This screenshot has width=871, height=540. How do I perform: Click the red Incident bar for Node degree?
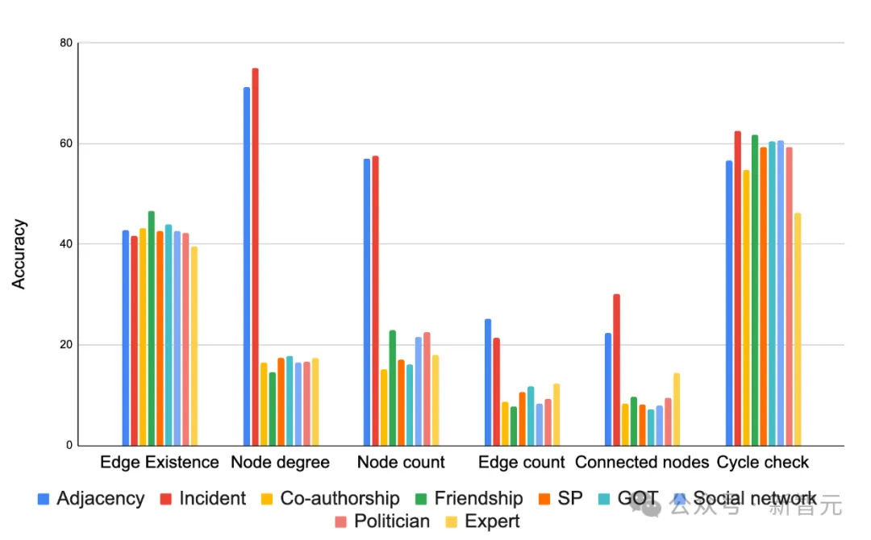pos(255,258)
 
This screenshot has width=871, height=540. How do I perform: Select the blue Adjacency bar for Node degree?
pos(247,266)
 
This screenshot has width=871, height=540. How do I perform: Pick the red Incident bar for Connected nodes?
pos(617,370)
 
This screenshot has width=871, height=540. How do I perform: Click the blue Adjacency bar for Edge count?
pos(488,383)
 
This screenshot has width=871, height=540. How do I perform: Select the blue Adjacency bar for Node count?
pos(367,302)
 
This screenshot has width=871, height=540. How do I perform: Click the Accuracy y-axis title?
pos(19,254)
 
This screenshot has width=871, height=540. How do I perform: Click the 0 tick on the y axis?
pos(69,446)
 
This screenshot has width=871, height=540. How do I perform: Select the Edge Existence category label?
pos(160,463)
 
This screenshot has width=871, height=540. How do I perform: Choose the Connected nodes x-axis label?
pos(642,463)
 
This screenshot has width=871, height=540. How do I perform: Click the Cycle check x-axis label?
pos(763,463)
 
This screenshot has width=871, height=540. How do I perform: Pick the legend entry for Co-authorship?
pos(340,498)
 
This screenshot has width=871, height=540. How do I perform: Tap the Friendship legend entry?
pos(478,498)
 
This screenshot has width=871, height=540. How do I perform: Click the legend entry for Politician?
pos(392,521)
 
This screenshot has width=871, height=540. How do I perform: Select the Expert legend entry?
pos(492,521)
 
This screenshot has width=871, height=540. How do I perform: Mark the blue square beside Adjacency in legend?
pos(44,499)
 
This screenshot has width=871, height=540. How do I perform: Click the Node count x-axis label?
pos(401,463)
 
